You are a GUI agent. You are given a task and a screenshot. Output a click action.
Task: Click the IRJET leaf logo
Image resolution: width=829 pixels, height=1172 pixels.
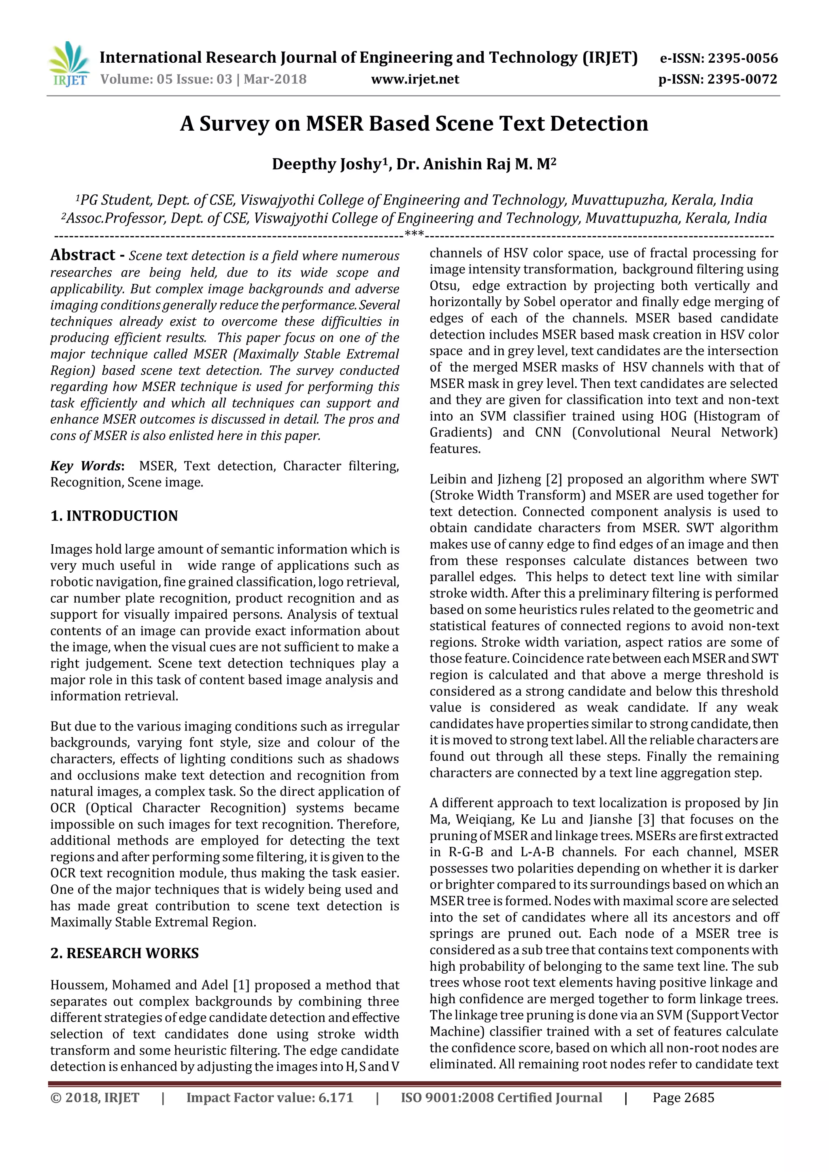click(68, 64)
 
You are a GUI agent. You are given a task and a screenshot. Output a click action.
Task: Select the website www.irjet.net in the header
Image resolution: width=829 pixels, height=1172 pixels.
click(414, 79)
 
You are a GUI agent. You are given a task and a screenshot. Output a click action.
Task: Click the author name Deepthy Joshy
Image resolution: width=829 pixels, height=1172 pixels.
click(327, 164)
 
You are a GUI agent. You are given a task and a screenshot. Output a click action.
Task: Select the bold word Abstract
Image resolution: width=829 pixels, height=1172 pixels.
click(83, 255)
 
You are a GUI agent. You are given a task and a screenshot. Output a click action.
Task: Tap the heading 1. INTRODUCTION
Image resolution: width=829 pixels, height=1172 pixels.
click(114, 516)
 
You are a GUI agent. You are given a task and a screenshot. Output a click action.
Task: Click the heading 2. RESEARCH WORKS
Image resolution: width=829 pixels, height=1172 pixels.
click(125, 953)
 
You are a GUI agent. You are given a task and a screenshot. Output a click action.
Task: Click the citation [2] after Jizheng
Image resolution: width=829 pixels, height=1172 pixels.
click(554, 479)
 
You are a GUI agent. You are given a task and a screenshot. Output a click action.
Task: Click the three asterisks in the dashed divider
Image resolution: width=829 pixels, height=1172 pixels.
click(414, 234)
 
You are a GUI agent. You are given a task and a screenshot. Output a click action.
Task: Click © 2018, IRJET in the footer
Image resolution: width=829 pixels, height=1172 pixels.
click(95, 1098)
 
